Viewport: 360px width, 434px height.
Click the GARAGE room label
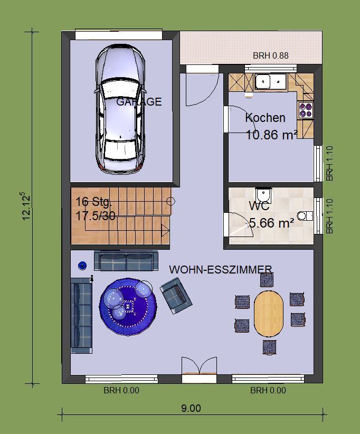point(139,102)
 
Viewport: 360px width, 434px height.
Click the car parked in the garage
point(120,109)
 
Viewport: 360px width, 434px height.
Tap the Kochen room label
point(265,118)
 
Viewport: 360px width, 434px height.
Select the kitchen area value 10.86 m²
point(271,135)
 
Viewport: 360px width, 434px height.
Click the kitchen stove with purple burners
point(306,110)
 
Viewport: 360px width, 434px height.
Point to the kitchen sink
point(270,81)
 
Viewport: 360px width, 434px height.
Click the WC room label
point(259,206)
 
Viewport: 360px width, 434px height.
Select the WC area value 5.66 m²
point(271,223)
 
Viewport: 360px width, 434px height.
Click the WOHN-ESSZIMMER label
point(221,270)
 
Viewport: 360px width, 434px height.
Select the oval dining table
point(269,313)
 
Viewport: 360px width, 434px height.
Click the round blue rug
point(128,306)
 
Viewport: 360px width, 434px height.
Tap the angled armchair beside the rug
point(176,295)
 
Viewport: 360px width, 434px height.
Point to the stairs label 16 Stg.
point(93,202)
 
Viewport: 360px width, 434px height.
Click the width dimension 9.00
point(191,408)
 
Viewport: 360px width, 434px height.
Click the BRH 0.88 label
point(271,55)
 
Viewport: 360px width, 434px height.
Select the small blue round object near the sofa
point(82,266)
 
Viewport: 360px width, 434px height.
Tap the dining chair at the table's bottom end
point(269,347)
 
